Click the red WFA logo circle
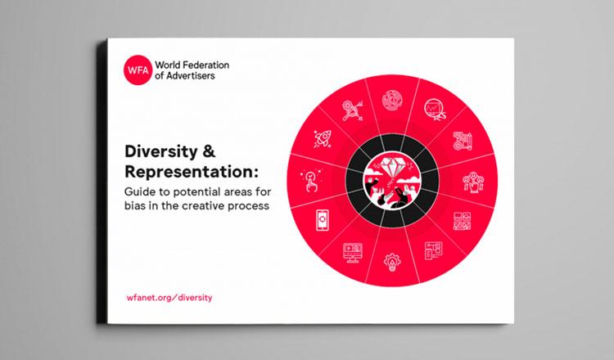click(x=138, y=70)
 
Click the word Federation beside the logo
click(x=206, y=65)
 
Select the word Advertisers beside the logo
click(x=190, y=75)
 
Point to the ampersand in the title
click(x=209, y=151)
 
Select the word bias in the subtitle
click(x=135, y=205)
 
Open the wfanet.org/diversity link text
click(x=169, y=297)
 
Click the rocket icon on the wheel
click(x=323, y=138)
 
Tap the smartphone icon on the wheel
click(x=323, y=220)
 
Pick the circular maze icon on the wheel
click(x=392, y=100)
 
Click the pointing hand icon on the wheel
click(x=311, y=180)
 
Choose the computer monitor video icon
click(x=353, y=252)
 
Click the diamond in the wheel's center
click(x=392, y=167)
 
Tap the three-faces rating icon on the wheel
click(x=472, y=182)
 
